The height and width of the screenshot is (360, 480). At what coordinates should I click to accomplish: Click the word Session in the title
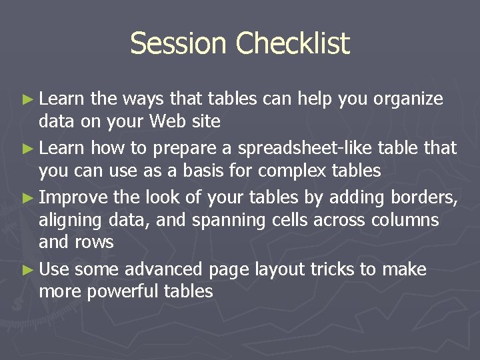[178, 44]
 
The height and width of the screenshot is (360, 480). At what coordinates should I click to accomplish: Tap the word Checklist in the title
[292, 44]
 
